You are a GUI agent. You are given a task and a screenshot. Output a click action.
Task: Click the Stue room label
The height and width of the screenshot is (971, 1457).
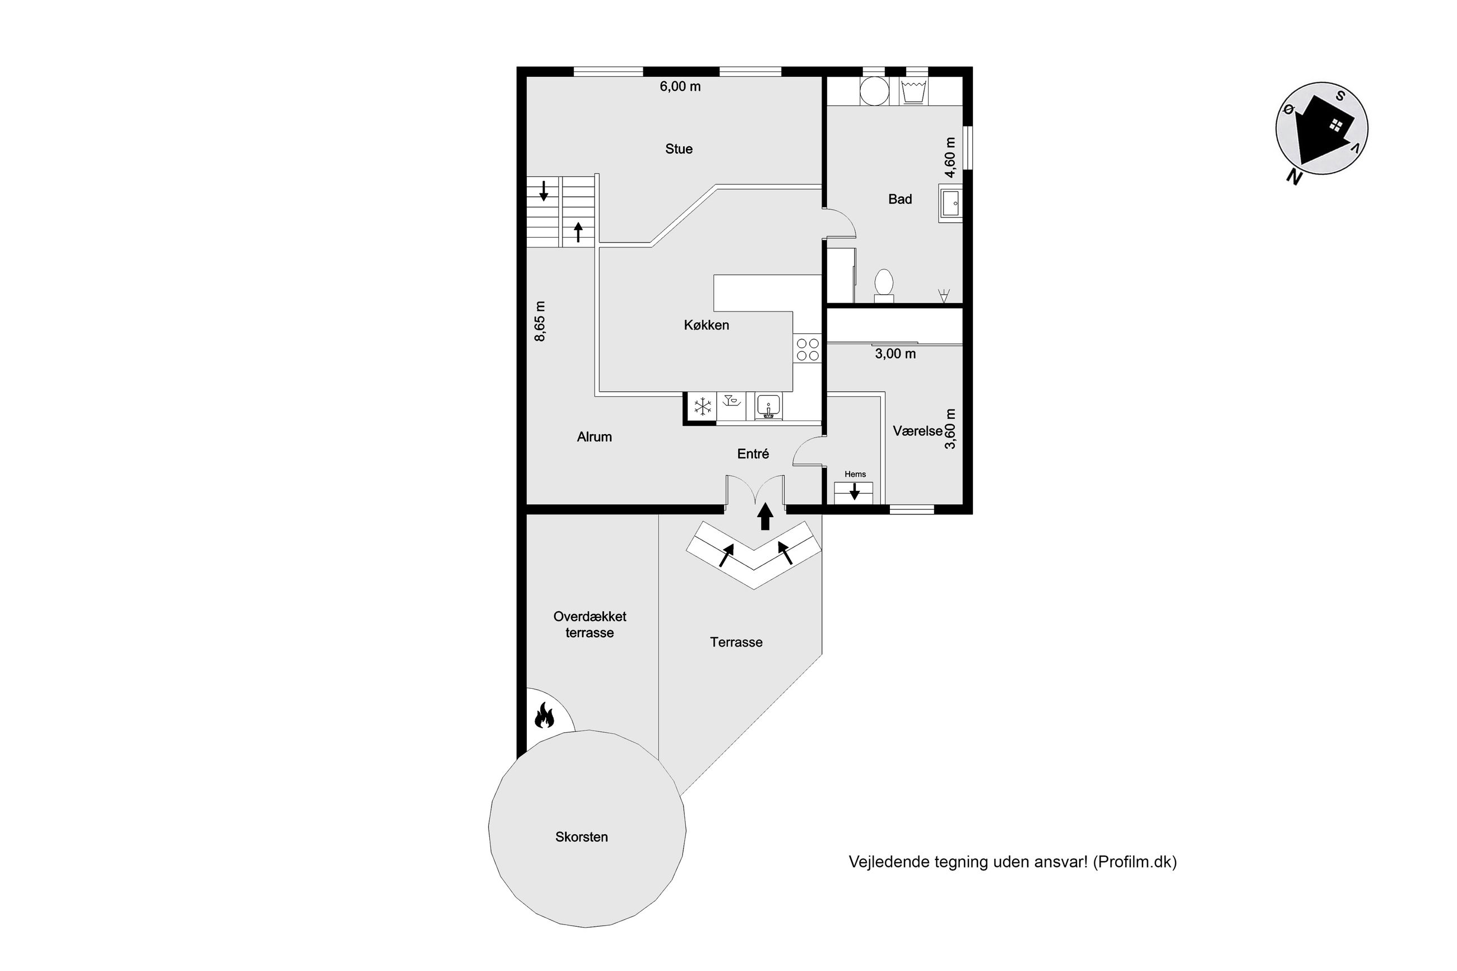tap(679, 148)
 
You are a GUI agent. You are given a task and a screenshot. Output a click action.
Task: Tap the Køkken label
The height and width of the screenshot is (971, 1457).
tap(707, 325)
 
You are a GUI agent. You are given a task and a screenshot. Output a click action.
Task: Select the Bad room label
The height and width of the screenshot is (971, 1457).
tap(900, 199)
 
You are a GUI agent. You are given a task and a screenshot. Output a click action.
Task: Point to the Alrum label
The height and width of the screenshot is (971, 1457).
tap(595, 436)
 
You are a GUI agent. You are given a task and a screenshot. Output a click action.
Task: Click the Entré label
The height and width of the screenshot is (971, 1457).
tap(753, 454)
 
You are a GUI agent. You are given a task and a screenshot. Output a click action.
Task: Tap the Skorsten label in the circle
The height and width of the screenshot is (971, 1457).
tap(582, 837)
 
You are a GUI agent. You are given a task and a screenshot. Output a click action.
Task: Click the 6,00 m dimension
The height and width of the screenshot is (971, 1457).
tap(680, 87)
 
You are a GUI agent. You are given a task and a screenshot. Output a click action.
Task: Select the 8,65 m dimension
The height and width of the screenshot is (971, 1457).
tap(540, 322)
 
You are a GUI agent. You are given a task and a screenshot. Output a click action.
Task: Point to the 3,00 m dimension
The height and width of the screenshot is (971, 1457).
tap(895, 354)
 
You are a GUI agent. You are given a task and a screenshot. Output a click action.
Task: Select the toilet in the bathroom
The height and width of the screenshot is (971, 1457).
tap(884, 286)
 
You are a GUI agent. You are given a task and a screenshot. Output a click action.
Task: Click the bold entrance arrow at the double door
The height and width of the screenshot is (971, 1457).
tap(765, 516)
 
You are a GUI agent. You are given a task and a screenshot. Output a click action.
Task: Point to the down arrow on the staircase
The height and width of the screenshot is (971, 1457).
tap(544, 191)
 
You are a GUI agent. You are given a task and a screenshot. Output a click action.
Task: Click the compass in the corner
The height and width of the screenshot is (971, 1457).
tap(1321, 129)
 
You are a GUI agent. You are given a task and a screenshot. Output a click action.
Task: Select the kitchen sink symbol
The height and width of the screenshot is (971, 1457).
tap(768, 406)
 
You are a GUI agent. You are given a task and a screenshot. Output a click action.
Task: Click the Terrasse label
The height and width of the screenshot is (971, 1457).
tap(736, 642)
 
